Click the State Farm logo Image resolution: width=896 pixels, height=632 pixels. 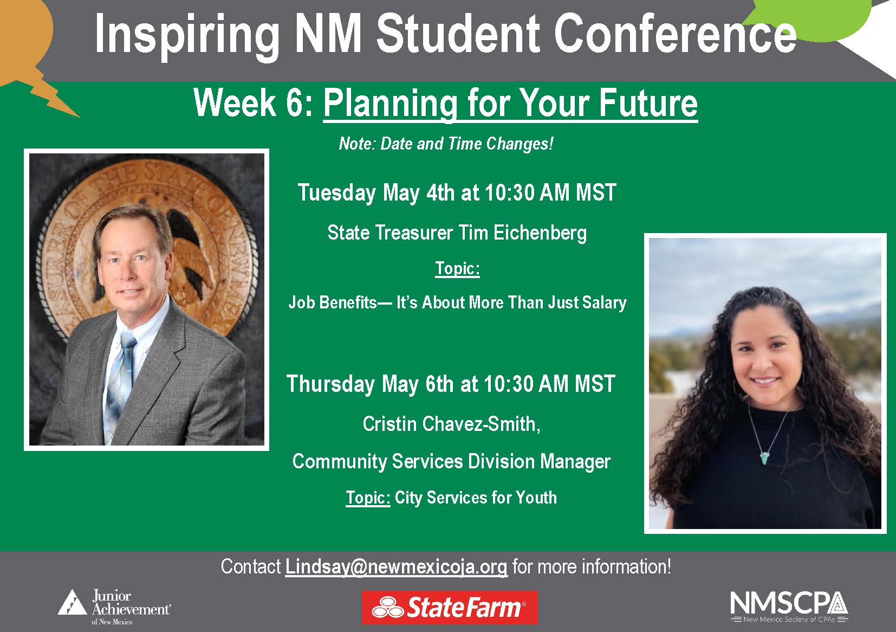[449, 608]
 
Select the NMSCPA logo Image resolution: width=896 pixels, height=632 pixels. [789, 606]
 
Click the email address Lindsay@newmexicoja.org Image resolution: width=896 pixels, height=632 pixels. [396, 567]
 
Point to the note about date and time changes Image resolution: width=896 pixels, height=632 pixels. [446, 144]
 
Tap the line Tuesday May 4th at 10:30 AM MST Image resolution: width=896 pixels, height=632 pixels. [457, 193]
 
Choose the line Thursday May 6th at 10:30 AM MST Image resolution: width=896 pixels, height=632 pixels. [451, 384]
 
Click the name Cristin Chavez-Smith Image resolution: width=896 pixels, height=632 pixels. [451, 424]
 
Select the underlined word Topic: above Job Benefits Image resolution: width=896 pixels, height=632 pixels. [457, 269]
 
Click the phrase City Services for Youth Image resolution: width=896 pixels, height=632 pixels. [476, 498]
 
